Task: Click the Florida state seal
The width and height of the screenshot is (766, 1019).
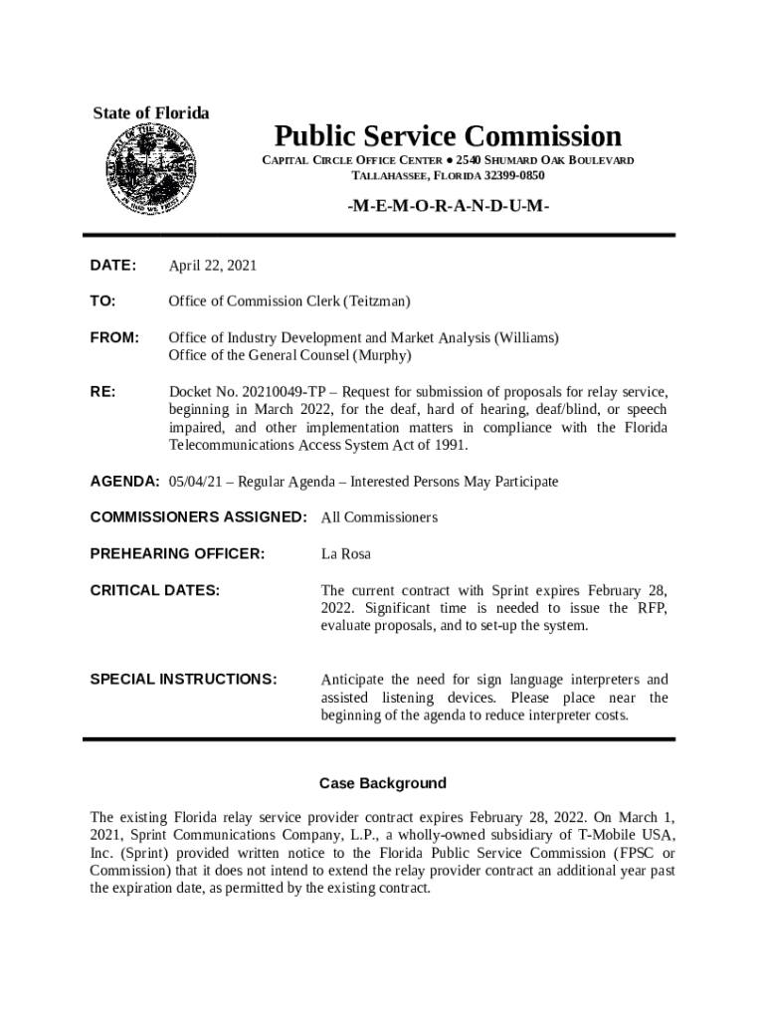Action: (x=150, y=169)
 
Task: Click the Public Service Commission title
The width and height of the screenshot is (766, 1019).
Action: (x=448, y=135)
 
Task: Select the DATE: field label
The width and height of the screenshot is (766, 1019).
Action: (x=112, y=265)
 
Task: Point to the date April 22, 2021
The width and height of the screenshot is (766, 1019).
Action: (x=213, y=265)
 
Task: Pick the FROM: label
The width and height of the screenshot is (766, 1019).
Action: (x=114, y=337)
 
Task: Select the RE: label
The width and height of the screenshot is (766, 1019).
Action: (x=102, y=391)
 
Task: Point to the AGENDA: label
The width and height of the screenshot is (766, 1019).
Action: (x=124, y=482)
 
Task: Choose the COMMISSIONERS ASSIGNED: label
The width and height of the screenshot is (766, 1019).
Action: (x=198, y=517)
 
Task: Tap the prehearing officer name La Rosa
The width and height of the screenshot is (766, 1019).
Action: (x=346, y=553)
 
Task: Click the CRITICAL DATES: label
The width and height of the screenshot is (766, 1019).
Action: (x=154, y=590)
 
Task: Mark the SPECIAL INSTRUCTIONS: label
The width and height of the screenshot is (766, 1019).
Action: (x=183, y=680)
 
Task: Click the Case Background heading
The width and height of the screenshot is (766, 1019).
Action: (x=383, y=783)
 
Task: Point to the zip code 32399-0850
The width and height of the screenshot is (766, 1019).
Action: (x=514, y=176)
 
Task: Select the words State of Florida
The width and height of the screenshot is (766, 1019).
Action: (x=151, y=113)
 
